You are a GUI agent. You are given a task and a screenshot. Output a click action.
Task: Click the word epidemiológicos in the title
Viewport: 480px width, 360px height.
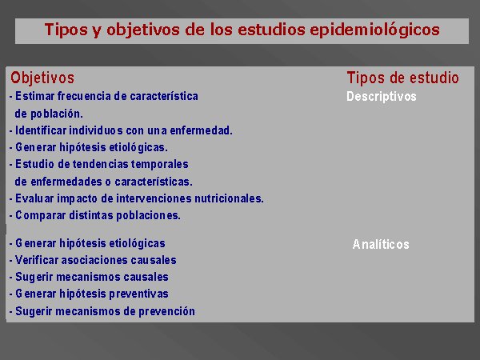point(374,30)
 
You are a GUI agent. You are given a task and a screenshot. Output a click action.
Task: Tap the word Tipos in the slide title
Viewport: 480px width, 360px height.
point(66,30)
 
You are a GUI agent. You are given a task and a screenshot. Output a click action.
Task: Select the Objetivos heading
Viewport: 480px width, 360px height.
point(42,78)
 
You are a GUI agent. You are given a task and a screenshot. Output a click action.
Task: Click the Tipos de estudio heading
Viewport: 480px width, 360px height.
point(403,78)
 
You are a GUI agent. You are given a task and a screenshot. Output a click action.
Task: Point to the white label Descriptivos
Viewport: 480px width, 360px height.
point(382,97)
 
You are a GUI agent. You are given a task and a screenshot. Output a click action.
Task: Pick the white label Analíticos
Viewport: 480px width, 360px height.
point(381,244)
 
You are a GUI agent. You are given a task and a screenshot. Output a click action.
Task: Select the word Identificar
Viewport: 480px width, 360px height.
point(41,130)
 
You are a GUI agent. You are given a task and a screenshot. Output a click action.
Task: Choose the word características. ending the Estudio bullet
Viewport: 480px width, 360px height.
point(154,182)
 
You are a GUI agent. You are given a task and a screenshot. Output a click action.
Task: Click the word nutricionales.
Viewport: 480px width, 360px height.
point(230,198)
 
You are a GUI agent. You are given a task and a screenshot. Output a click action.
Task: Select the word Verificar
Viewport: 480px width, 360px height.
point(37,260)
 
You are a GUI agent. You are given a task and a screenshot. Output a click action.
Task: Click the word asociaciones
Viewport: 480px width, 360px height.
point(94,260)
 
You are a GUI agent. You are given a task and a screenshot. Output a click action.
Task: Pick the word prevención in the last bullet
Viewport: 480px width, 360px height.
point(167,311)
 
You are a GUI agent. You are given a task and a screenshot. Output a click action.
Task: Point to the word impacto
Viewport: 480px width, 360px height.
point(77,198)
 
